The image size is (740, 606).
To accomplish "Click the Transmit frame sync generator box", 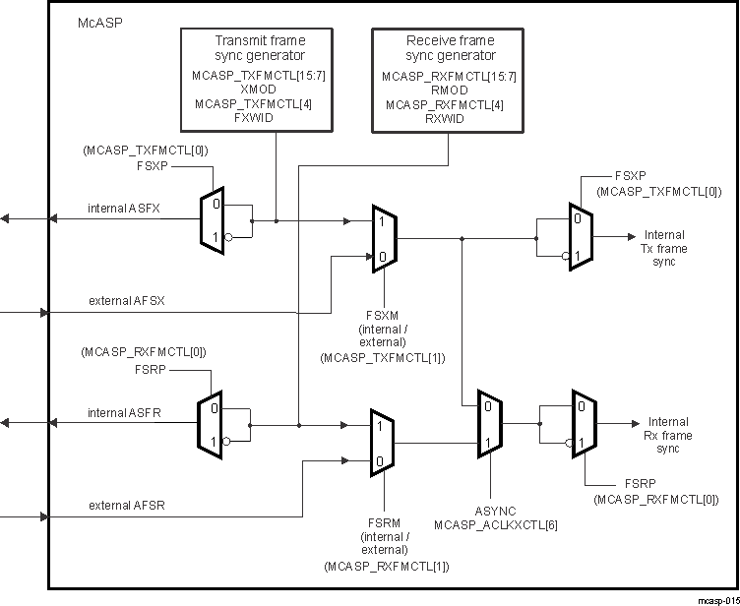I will [x=260, y=79].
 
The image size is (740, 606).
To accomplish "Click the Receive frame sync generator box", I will [x=451, y=79].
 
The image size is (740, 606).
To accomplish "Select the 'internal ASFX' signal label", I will [x=123, y=208].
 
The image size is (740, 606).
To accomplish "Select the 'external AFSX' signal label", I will [x=126, y=300].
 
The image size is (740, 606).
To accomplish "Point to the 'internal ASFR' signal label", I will [x=123, y=413].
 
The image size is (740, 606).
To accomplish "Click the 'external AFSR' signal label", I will [x=126, y=505].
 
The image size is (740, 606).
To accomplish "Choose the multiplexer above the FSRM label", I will [x=382, y=443].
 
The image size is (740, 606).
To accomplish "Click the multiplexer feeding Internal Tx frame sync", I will [x=580, y=237].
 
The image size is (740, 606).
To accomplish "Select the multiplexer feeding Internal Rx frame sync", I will [x=583, y=424].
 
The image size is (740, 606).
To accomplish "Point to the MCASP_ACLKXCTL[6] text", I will [x=495, y=525].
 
